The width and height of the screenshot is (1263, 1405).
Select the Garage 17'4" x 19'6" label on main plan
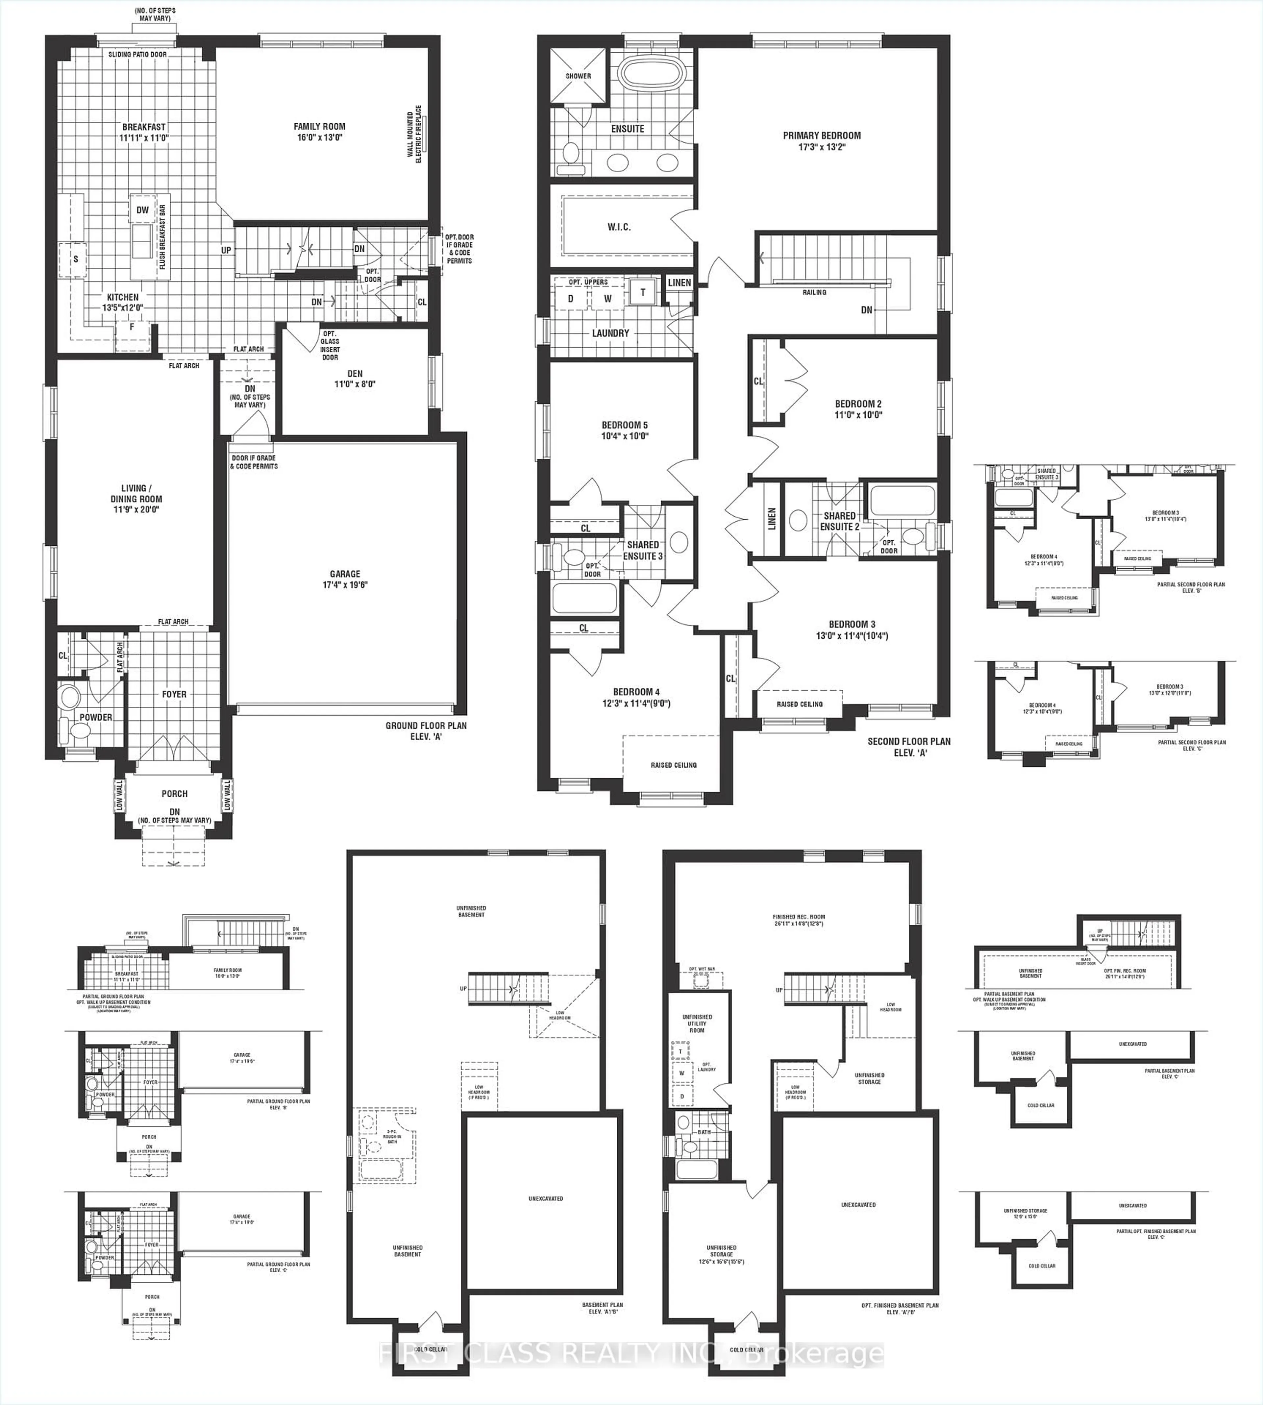pos(345,579)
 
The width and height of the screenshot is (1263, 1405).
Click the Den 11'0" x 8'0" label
pos(355,379)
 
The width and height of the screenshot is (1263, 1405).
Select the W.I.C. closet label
pos(619,227)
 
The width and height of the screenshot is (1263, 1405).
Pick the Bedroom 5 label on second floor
pos(625,430)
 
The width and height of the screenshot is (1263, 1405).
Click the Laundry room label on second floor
pos(611,333)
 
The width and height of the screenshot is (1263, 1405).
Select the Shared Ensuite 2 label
pos(840,521)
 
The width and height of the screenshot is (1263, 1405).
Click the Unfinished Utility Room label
pos(697,1023)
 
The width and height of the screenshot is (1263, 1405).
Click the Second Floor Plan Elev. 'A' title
pos(909,747)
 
